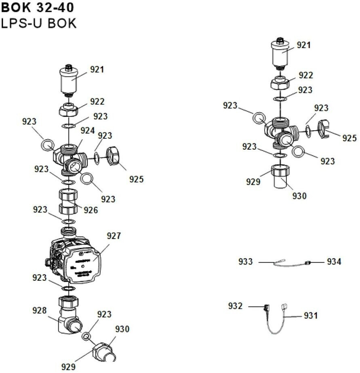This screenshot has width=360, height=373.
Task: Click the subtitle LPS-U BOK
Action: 38,23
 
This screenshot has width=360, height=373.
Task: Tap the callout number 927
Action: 114,236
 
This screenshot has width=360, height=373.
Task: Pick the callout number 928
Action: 40,310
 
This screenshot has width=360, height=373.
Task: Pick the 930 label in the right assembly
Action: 300,196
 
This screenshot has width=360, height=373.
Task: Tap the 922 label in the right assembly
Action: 306,75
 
